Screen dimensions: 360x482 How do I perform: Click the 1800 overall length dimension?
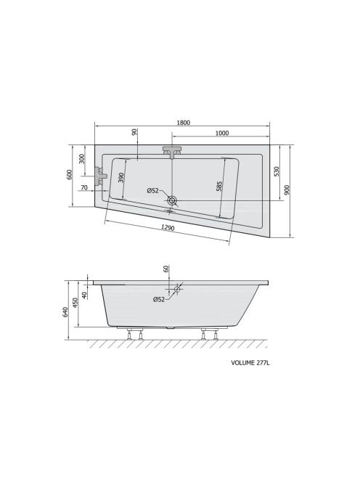click(x=183, y=123)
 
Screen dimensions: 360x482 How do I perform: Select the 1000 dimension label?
click(x=221, y=133)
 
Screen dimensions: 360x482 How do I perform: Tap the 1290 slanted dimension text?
click(x=168, y=228)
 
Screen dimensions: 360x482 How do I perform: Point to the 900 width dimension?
click(x=287, y=191)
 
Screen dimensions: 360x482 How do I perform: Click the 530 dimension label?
click(x=277, y=171)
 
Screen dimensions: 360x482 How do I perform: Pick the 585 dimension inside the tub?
click(x=219, y=187)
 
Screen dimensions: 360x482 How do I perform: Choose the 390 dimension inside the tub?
click(x=120, y=178)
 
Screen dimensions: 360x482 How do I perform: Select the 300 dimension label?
click(x=81, y=159)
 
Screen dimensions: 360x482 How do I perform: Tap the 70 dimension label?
click(x=84, y=187)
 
